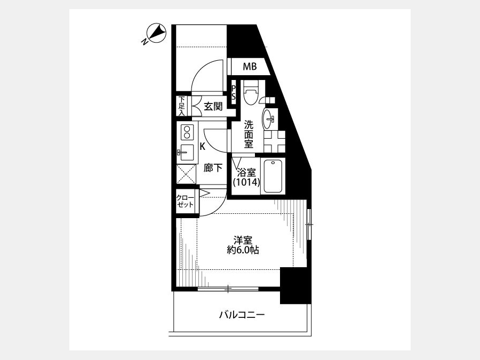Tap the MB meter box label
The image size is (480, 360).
(250, 67)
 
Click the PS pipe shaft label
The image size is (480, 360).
(234, 92)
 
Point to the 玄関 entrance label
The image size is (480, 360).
(213, 106)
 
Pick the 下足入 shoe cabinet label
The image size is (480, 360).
(182, 106)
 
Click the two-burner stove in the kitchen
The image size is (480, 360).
(186, 132)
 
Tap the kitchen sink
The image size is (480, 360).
(186, 152)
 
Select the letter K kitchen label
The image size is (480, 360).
(202, 147)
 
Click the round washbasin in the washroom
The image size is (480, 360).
(268, 118)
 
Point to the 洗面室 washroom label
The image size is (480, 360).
(249, 134)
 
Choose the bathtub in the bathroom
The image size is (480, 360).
(273, 175)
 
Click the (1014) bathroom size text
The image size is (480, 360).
(246, 182)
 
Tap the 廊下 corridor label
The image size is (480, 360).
(213, 168)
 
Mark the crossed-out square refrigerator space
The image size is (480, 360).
(186, 174)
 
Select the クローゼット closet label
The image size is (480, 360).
(185, 201)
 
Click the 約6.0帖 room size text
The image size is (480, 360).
(243, 250)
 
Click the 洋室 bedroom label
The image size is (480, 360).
(243, 240)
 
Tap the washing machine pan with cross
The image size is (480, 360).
(275, 141)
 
